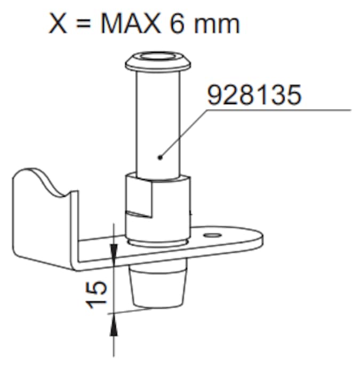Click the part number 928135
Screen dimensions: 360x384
(254, 95)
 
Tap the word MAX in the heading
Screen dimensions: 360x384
(131, 23)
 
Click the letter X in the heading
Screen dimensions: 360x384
(58, 23)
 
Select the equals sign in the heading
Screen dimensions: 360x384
(83, 24)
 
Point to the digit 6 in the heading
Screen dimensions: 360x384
(177, 23)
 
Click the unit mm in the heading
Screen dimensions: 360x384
(217, 26)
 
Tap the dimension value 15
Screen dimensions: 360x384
(96, 294)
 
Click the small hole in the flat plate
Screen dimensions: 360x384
(213, 235)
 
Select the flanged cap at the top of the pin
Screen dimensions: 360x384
(158, 61)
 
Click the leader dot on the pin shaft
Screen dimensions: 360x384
(160, 157)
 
